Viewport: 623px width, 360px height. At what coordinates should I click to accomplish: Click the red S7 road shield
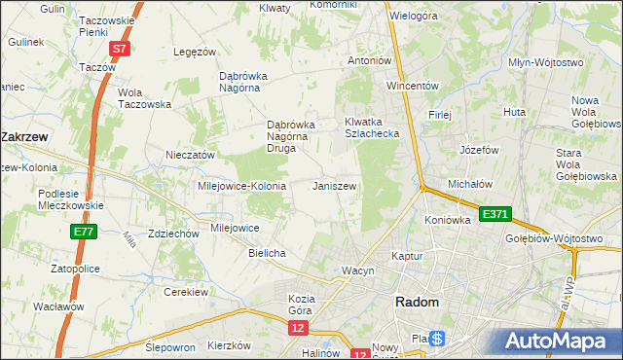pos(119,48)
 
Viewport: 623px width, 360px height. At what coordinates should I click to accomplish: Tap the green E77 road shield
pos(83,232)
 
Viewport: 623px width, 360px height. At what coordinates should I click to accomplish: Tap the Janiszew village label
pos(334,185)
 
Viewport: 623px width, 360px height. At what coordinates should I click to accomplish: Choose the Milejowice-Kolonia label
pos(241,186)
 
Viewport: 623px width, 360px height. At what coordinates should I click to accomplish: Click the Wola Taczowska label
pos(144,98)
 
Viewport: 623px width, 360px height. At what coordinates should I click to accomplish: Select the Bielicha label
pos(267,253)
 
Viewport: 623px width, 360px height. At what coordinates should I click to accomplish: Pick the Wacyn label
pos(357,270)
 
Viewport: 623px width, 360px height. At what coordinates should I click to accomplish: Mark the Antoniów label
pos(370,60)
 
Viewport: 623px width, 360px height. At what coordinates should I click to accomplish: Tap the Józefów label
pos(479,151)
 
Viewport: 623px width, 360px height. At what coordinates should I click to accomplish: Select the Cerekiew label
pos(187,292)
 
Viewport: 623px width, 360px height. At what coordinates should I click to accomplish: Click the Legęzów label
pos(194,52)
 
